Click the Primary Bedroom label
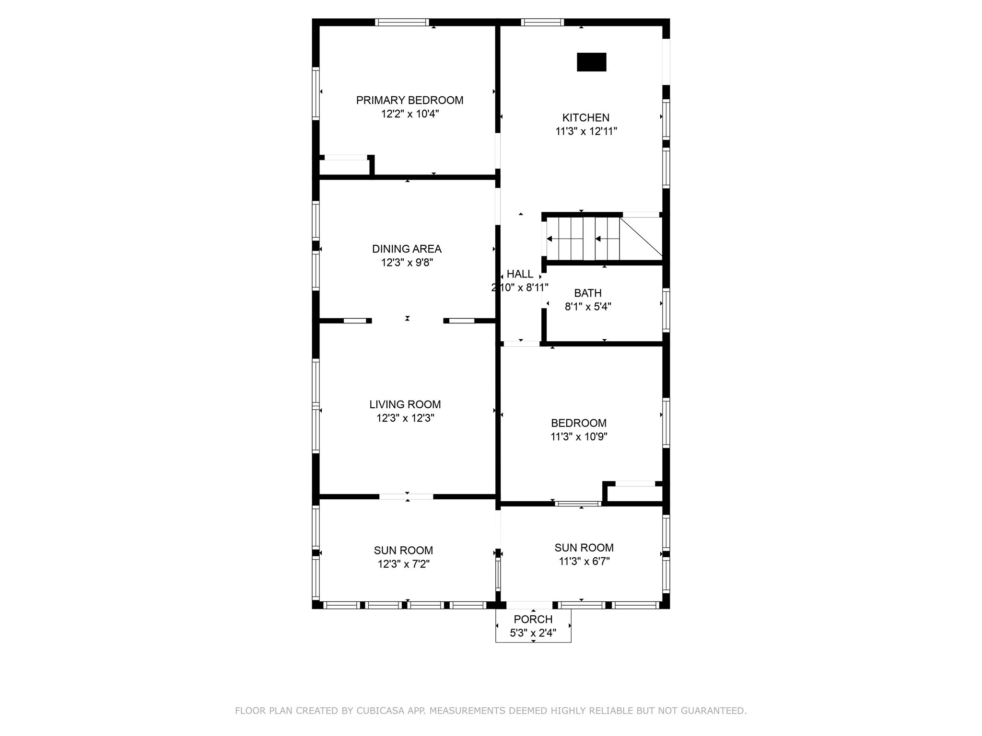coord(409,100)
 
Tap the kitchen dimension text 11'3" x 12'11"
coord(586,131)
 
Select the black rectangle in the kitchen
coord(591,62)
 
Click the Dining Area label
coord(407,249)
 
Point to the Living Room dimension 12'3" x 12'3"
coord(405,418)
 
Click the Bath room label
coord(588,293)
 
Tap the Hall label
coord(520,274)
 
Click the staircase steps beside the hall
coord(583,239)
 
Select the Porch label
coord(533,619)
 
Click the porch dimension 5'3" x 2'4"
coord(533,633)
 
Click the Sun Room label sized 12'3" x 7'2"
coord(403,551)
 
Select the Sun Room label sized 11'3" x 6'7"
coord(584,548)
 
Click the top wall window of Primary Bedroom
coord(402,22)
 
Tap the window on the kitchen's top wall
coord(542,22)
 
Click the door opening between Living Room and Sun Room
coord(406,496)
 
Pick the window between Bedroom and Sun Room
coord(578,504)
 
